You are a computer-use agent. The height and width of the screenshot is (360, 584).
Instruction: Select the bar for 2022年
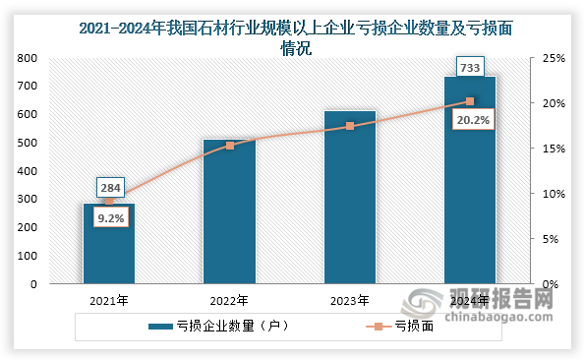point(229,211)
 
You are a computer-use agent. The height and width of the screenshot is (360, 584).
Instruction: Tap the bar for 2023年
point(349,197)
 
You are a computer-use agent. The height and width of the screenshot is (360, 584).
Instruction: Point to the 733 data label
point(470,67)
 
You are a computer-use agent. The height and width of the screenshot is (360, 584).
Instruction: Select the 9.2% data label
point(109,218)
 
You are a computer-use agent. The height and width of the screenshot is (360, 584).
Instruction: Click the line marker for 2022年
point(229,146)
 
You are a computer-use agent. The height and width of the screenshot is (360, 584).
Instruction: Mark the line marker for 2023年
point(349,126)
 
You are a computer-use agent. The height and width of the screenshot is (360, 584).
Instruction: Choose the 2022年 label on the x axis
point(229,300)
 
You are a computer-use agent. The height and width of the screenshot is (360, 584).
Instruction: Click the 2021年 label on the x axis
point(108,300)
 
